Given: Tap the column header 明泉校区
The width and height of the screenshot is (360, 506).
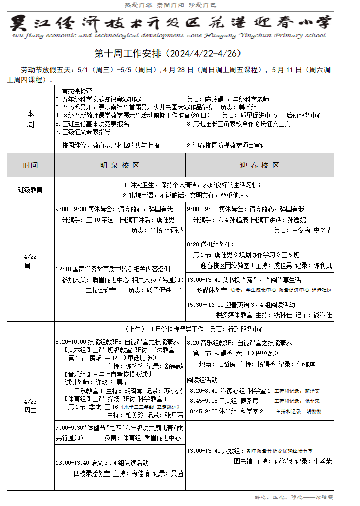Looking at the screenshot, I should click(119, 166).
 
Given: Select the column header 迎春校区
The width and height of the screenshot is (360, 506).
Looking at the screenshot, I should click(260, 166).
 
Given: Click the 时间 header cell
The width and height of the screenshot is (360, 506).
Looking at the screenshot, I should click(31, 166).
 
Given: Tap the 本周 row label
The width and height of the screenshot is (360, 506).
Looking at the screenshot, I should click(31, 120).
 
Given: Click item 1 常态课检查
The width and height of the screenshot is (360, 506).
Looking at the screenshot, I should click(77, 91).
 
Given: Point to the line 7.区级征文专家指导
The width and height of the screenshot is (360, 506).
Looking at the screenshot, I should click(83, 132).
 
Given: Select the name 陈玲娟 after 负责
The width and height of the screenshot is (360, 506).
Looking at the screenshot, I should click(213, 99).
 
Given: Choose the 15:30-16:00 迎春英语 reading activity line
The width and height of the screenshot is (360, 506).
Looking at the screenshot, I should click(242, 305).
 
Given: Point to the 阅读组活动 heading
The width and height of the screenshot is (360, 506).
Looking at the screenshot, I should click(202, 380).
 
